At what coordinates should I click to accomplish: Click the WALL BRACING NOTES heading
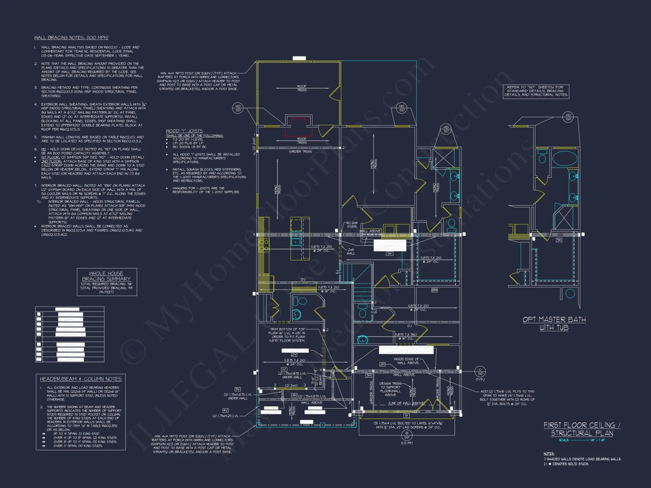point(71,38)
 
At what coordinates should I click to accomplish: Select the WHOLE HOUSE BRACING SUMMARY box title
point(106,276)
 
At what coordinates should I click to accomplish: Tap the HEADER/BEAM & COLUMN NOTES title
point(81,379)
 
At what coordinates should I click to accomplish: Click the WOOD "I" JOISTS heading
point(184,131)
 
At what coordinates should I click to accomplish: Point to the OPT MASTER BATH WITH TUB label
point(554,323)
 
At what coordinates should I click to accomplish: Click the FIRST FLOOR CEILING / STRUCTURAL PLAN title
point(582,429)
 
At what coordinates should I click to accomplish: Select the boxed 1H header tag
point(406,415)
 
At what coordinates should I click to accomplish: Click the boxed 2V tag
point(294,355)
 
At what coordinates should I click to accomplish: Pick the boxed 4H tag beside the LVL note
point(294,395)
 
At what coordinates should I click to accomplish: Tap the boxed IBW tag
point(434,290)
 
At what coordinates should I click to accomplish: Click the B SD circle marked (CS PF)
point(407,435)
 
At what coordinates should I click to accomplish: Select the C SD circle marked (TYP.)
point(480,371)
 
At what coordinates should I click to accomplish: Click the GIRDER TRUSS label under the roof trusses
point(300,152)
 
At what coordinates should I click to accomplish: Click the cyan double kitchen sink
point(296,238)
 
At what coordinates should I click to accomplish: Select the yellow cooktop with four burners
point(264,245)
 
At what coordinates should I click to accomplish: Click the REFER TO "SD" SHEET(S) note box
point(536,91)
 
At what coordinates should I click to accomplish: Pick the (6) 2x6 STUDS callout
point(352,224)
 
